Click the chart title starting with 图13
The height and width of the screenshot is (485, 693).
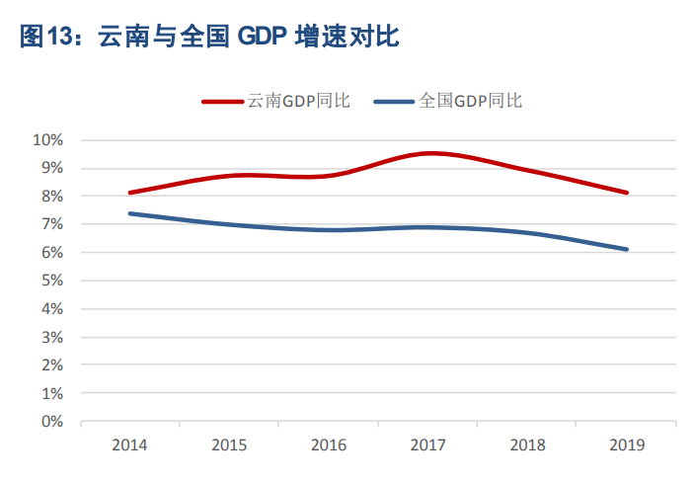[208, 37]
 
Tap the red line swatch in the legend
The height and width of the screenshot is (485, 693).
[223, 101]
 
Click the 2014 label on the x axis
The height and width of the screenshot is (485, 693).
[130, 445]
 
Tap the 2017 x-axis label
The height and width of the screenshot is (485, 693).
[428, 445]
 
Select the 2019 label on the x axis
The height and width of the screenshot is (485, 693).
[627, 445]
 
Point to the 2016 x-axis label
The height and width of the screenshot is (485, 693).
[329, 445]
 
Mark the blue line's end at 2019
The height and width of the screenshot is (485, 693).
[626, 249]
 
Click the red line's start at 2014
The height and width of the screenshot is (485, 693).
[130, 193]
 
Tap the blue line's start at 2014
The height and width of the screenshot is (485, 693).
[130, 213]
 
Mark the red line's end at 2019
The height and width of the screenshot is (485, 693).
[626, 193]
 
